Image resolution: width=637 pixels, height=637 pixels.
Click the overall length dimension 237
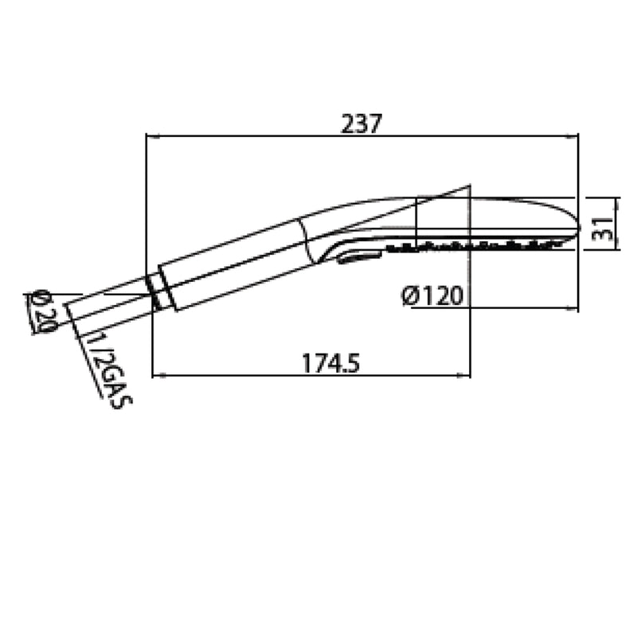tap(362, 123)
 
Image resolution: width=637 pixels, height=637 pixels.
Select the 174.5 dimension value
tap(331, 363)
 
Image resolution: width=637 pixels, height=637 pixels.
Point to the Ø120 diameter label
tap(433, 296)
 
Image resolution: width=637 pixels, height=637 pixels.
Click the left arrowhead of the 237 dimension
tap(151, 137)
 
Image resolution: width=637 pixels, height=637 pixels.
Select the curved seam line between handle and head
tap(311, 239)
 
